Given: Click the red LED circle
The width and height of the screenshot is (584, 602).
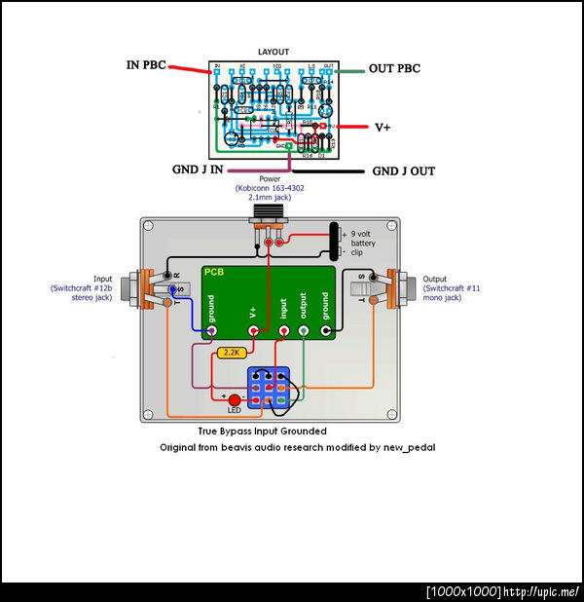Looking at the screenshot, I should pos(234,399).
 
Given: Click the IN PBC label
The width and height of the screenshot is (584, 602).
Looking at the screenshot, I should pos(146,65).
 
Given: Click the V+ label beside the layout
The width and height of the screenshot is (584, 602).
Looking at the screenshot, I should pos(384,128).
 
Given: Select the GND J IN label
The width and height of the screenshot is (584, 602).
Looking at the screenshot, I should pos(200,169).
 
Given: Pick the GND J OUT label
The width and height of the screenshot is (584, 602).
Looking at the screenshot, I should pos(404,171).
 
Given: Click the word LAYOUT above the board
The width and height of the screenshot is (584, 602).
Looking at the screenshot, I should pos(273,51).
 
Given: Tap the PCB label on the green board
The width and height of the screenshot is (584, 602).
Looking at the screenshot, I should pos(215,274).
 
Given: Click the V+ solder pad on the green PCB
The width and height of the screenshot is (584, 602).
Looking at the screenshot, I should pos(254,332).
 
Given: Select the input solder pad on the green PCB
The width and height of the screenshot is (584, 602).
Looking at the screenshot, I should pos(284,332).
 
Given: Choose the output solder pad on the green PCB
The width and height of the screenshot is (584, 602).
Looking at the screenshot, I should pos(304,332).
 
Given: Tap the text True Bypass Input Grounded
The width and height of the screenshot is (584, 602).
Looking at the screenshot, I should pos(262,431).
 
